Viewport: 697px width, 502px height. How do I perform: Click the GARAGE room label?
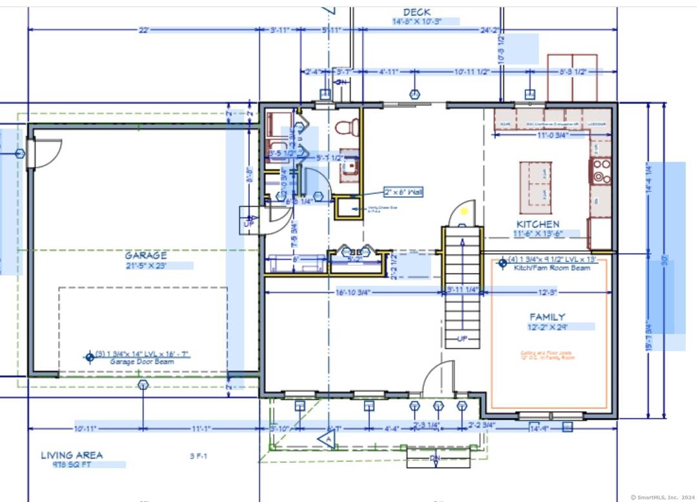(146, 256)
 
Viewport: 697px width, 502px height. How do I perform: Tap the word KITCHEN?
(538, 224)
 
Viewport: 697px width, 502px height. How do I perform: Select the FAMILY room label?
(547, 317)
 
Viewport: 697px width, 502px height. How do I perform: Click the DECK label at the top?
(416, 12)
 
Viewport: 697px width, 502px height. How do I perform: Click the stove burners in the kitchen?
(601, 170)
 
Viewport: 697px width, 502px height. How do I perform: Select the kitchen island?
(536, 187)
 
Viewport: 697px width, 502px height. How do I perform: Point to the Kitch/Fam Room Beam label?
(552, 268)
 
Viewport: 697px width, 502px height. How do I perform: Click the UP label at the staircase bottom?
(462, 339)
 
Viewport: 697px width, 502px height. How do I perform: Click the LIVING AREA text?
(72, 455)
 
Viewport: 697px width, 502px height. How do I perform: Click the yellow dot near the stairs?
(464, 211)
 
